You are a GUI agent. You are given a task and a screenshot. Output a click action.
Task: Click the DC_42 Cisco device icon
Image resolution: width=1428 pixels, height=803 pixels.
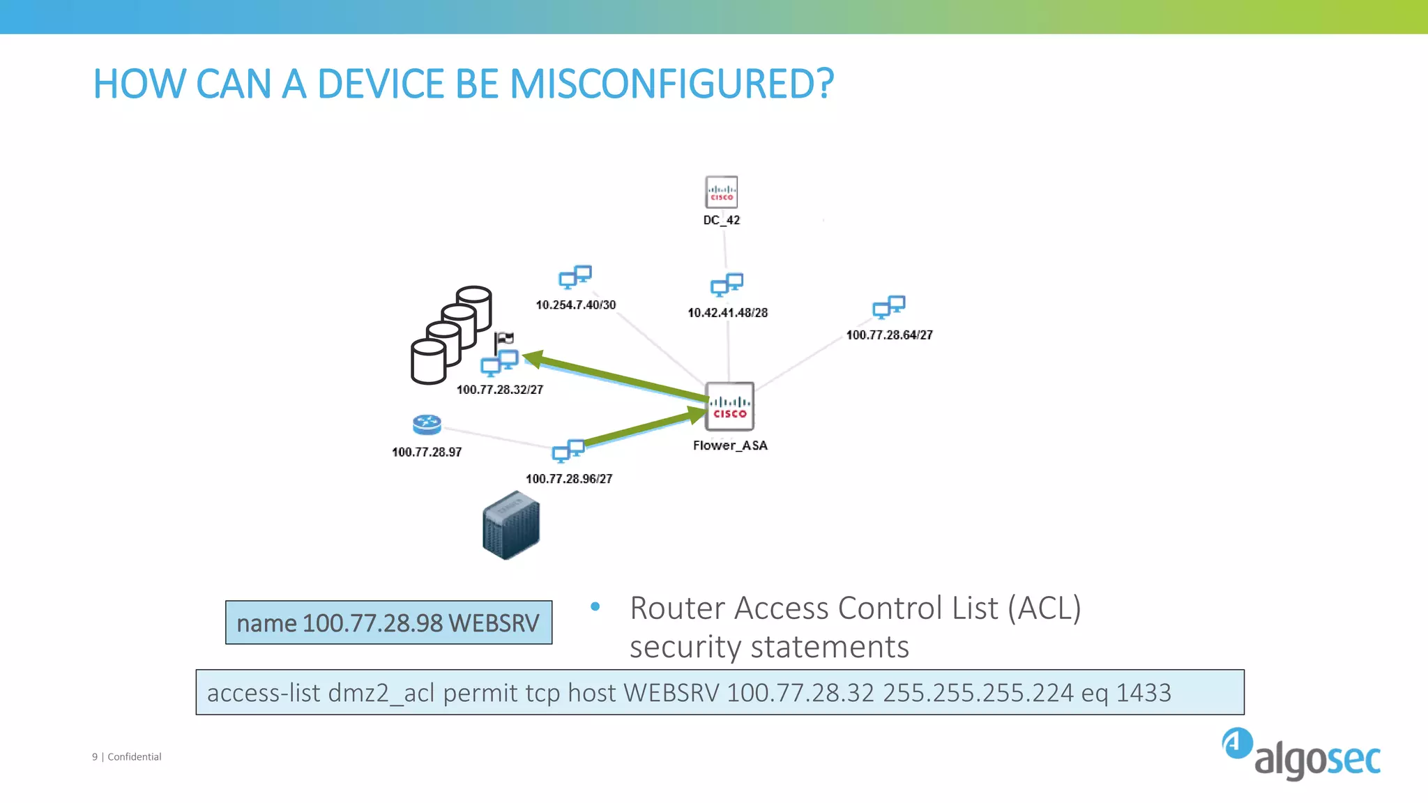tap(721, 192)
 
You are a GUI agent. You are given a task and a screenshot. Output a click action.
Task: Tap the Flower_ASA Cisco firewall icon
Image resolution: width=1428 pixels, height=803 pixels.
tap(729, 406)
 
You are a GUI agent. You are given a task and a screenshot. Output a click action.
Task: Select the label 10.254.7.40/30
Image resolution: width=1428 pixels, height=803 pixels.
tap(575, 305)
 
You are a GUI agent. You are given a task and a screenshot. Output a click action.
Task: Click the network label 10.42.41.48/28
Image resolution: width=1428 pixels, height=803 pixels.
tap(727, 313)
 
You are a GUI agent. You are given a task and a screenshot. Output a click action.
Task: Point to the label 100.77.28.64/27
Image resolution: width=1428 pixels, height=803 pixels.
tap(889, 335)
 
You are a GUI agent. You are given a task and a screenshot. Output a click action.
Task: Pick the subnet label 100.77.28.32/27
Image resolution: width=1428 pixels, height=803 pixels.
tap(499, 390)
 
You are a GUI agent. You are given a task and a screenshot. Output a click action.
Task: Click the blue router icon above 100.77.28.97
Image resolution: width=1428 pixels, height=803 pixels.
tap(427, 425)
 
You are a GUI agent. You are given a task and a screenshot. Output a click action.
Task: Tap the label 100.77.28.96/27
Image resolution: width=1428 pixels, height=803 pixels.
tap(568, 479)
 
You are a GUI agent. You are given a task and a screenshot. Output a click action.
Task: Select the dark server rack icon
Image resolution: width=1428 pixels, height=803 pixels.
tap(511, 526)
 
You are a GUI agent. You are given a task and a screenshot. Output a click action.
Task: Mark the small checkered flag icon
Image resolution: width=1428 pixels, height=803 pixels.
tap(504, 340)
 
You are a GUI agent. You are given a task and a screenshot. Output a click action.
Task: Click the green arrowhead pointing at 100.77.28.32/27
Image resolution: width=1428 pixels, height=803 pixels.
tap(533, 359)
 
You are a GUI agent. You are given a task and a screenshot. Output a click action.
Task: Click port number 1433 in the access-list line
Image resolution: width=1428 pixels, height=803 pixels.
tap(1144, 693)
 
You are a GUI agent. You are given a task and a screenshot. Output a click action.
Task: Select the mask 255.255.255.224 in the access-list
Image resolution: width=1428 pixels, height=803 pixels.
tap(978, 693)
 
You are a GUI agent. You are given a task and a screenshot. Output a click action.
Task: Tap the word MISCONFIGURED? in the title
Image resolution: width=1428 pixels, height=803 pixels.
tap(671, 84)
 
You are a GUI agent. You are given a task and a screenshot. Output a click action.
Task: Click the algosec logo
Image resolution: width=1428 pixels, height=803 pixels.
tap(1301, 755)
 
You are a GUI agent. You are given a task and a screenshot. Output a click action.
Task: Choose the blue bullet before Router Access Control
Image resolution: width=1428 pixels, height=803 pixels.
tap(595, 607)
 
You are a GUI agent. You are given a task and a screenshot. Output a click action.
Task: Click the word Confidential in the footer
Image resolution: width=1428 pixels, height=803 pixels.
tap(134, 757)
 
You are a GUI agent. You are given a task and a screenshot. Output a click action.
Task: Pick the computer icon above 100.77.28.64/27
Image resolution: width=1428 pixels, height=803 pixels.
tap(889, 307)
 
